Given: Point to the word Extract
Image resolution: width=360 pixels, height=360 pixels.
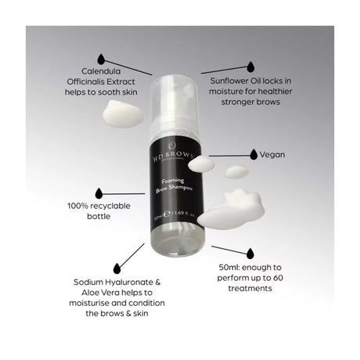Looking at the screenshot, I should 136,80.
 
